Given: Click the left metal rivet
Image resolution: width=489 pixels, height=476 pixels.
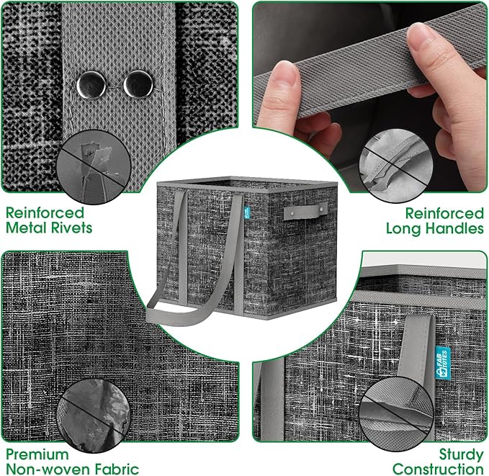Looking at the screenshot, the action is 91,85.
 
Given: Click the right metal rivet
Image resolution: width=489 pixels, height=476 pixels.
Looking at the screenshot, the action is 138,84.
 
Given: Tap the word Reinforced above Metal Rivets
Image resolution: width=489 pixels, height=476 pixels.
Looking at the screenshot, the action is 45,213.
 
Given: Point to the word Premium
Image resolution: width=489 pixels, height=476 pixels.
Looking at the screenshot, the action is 37,454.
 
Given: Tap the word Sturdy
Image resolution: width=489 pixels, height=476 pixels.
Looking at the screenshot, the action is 461,455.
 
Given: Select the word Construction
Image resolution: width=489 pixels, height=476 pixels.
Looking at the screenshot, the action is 438,469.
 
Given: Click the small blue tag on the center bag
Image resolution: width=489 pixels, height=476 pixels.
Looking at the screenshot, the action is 246,211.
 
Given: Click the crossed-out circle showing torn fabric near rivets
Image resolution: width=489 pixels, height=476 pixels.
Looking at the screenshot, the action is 94,167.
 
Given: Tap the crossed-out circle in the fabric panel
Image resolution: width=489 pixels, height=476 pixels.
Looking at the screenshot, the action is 94,415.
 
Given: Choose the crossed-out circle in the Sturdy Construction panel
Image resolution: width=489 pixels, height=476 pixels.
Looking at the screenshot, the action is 396,413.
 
